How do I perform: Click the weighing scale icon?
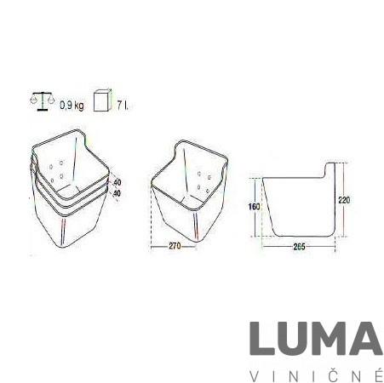(42, 101)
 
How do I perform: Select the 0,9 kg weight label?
(72, 106)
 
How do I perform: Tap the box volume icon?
(101, 100)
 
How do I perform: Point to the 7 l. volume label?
(123, 106)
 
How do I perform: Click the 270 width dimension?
(175, 246)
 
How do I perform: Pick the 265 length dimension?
(299, 247)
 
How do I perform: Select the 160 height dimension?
(254, 207)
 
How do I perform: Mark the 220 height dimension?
(344, 200)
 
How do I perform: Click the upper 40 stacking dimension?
(117, 182)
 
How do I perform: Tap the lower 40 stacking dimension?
(117, 193)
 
